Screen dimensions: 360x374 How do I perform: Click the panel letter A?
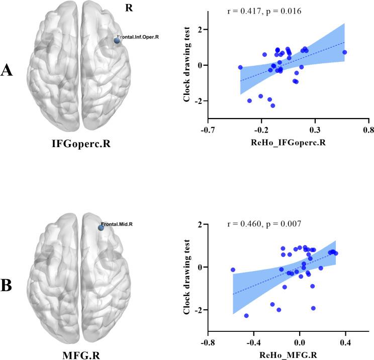pyautogui.click(x=8, y=70)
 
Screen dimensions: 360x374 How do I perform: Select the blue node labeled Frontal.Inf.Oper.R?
pyautogui.click(x=117, y=41)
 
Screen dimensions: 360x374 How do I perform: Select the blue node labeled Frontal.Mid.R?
pyautogui.click(x=101, y=227)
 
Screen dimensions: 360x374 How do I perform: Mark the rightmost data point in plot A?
pyautogui.click(x=344, y=52)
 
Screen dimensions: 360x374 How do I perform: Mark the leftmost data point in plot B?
pyautogui.click(x=233, y=270)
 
